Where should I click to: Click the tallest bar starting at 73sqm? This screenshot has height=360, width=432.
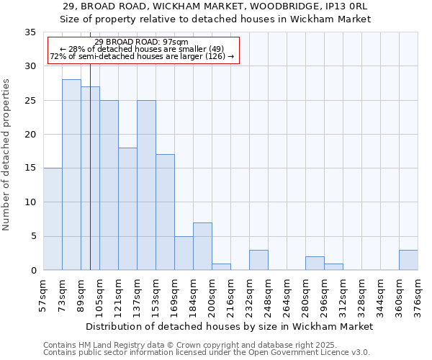pyautogui.click(x=71, y=175)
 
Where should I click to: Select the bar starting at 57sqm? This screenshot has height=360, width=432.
pyautogui.click(x=53, y=219)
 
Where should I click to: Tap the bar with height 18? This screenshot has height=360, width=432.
pyautogui.click(x=127, y=209)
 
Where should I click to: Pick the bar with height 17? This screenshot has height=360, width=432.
pyautogui.click(x=165, y=212)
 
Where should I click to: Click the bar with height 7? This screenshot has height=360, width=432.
pyautogui.click(x=202, y=246)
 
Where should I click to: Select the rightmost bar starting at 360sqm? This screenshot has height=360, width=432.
pyautogui.click(x=408, y=260)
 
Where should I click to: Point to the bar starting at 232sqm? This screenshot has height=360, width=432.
pyautogui.click(x=258, y=260)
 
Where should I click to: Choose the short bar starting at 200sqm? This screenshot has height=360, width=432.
pyautogui.click(x=221, y=266)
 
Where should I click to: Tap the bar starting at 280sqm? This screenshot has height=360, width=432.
pyautogui.click(x=315, y=263)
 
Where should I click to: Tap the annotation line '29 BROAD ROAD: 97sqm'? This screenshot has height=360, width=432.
pyautogui.click(x=141, y=42)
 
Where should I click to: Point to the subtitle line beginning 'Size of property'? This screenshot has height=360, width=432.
pyautogui.click(x=215, y=19)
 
